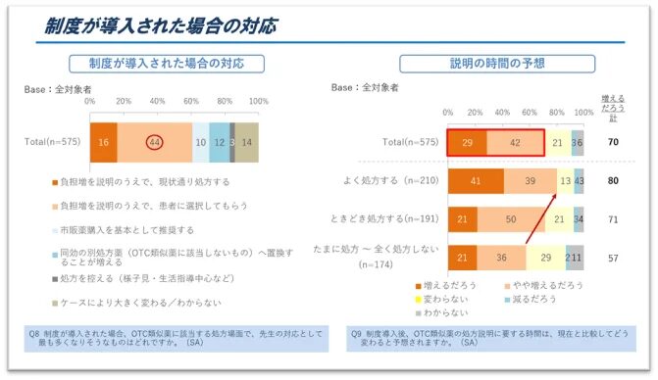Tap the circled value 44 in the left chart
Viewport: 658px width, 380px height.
pyautogui.click(x=155, y=141)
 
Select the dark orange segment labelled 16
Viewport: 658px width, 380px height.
pyautogui.click(x=103, y=141)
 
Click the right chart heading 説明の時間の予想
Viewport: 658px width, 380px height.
pyautogui.click(x=496, y=65)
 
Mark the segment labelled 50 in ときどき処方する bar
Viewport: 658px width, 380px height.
pyautogui.click(x=510, y=220)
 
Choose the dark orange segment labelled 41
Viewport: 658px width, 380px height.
pyautogui.click(x=476, y=181)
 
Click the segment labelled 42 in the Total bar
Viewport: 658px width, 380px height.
pyautogui.click(x=516, y=142)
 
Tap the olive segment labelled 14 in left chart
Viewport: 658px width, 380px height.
pyautogui.click(x=247, y=141)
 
